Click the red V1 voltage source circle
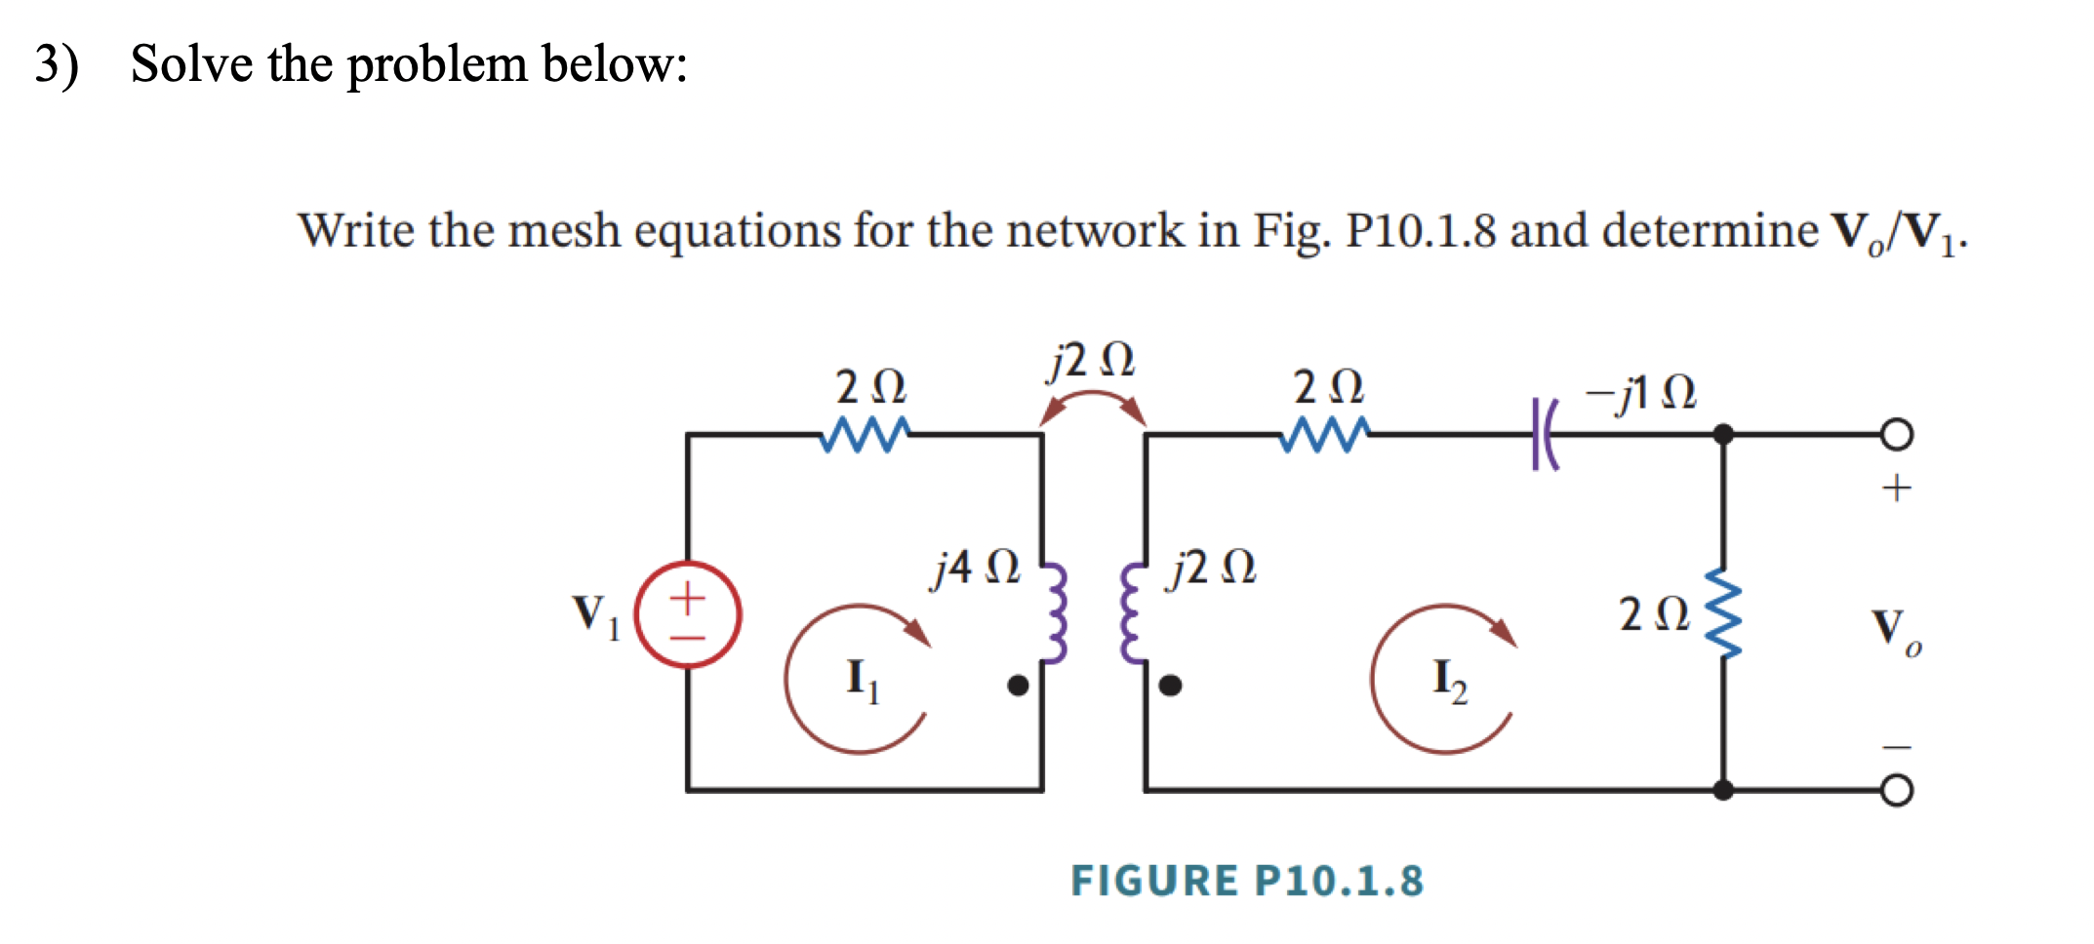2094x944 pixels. [x=688, y=614]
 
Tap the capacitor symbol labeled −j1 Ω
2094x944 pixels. [x=1544, y=434]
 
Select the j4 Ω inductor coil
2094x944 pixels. [x=1056, y=614]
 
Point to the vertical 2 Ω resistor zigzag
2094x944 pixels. [x=1723, y=614]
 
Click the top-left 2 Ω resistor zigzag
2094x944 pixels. [x=865, y=435]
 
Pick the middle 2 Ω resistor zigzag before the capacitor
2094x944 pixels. [x=1324, y=435]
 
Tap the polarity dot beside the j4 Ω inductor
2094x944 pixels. [x=1018, y=686]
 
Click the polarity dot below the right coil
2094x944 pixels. [x=1170, y=686]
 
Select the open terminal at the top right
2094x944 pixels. [x=1896, y=434]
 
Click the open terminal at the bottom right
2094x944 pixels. [x=1896, y=790]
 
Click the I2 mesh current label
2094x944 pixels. [x=1449, y=680]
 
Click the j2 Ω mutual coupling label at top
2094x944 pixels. [x=1091, y=361]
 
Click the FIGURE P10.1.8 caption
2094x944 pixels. [x=1247, y=881]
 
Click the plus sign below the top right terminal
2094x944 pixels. [x=1896, y=487]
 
